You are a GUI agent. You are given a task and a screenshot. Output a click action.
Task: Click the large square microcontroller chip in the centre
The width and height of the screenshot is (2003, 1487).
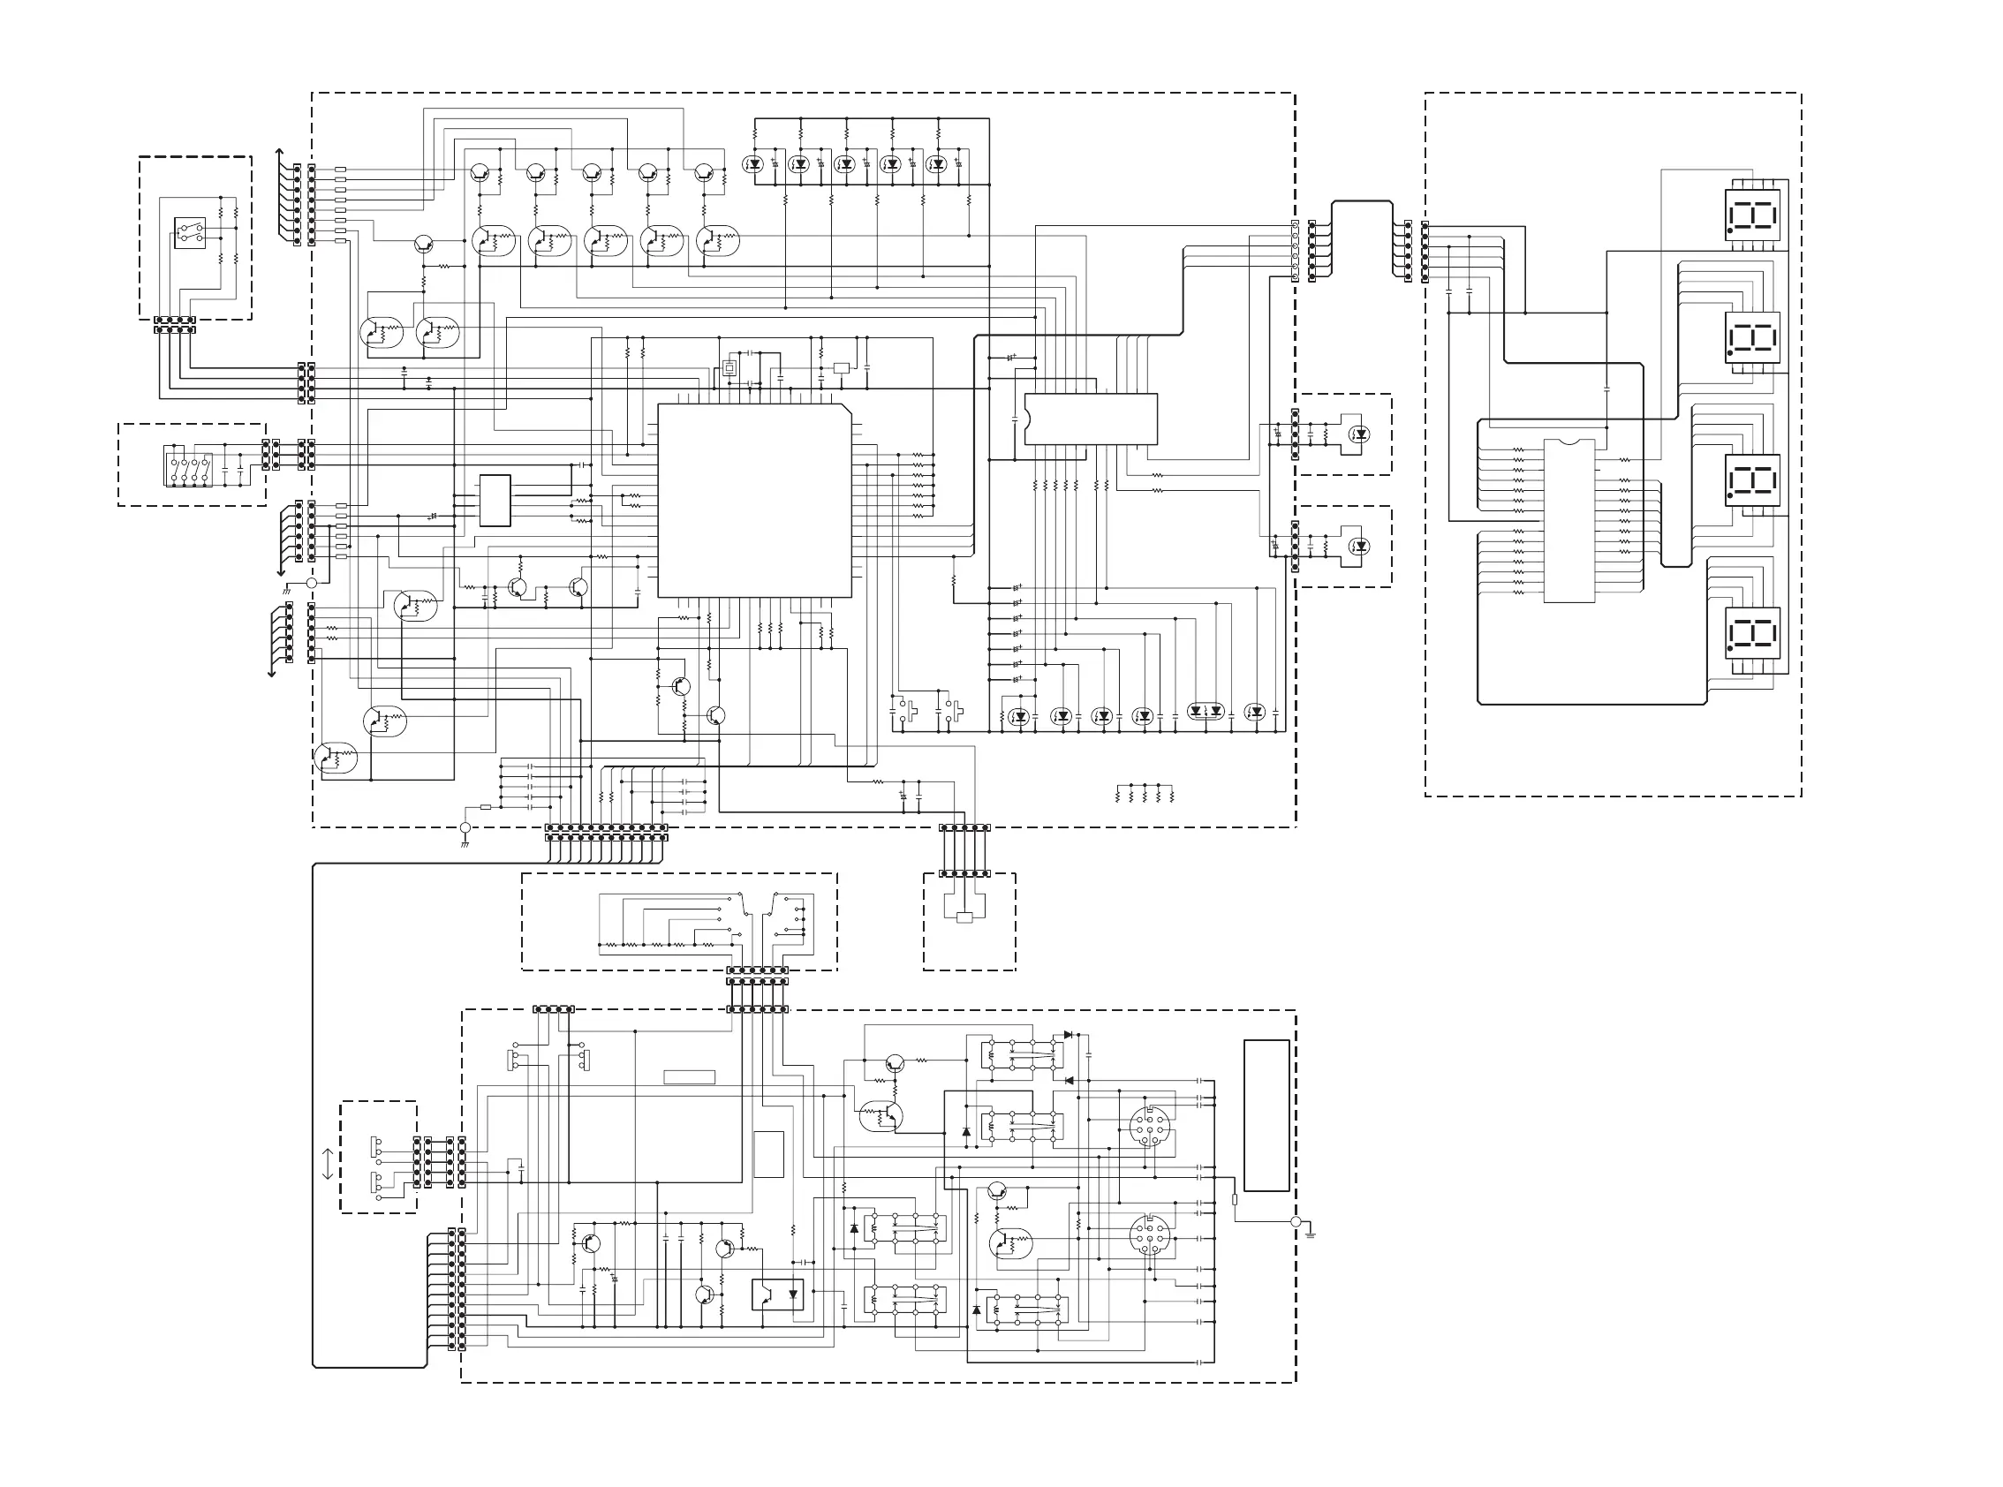pos(754,501)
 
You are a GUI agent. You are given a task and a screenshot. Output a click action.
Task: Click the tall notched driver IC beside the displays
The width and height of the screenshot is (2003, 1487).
pos(1569,520)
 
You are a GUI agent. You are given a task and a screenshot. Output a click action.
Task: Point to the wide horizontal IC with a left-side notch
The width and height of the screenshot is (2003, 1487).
pos(1090,419)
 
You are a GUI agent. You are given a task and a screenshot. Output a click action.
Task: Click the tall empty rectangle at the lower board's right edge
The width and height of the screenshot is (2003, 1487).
pos(1266,1115)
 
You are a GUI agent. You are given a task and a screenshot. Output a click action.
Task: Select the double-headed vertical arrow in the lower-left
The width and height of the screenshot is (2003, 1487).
pos(327,1164)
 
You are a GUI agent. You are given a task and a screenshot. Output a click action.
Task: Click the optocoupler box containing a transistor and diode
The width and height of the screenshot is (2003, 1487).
pos(778,1295)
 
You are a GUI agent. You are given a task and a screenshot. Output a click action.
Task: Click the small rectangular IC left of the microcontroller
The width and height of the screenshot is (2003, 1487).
pos(495,501)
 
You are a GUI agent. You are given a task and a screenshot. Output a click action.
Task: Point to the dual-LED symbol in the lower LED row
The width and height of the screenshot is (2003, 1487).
pos(1206,711)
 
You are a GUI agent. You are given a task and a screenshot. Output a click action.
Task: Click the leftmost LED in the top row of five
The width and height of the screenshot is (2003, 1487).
pos(753,164)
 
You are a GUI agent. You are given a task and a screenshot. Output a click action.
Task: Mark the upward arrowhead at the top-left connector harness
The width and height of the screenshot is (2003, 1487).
pos(279,152)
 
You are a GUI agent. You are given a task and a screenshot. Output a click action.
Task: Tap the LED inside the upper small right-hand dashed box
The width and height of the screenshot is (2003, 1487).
pos(1360,434)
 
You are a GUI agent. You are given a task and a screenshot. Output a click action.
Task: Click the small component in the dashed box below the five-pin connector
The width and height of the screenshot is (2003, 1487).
pos(964,917)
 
